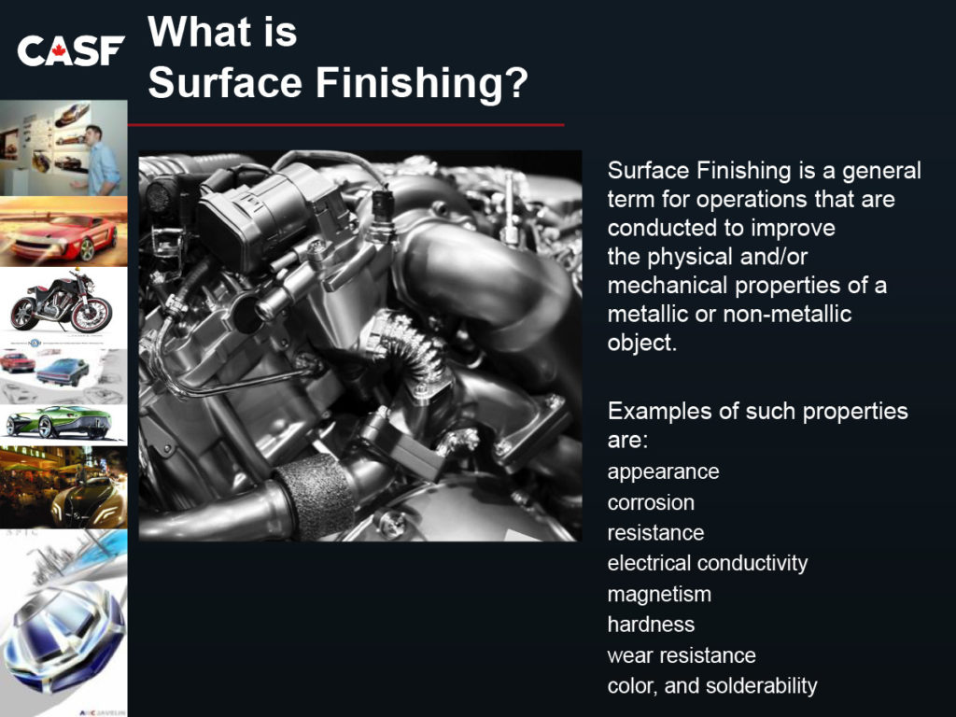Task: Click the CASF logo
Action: coord(71,50)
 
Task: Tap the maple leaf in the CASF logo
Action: coord(59,49)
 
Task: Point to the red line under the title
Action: coord(345,125)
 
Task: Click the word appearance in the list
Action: coord(664,471)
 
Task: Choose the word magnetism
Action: coord(659,594)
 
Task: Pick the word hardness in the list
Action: coord(651,625)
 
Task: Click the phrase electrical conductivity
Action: coord(708,563)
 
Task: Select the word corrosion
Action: coord(651,502)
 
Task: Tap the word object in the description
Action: coord(640,343)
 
